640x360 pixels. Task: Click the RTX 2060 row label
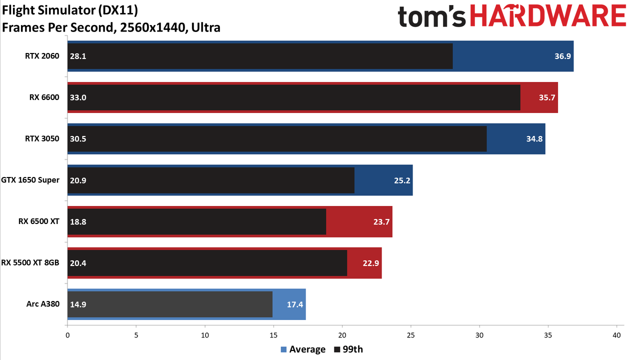(x=42, y=56)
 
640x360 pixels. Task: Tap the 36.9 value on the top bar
(x=562, y=56)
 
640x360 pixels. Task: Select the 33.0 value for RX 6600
(x=78, y=97)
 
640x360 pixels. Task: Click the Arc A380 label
(x=43, y=303)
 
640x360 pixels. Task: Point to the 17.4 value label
(x=295, y=304)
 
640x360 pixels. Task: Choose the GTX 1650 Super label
(x=30, y=180)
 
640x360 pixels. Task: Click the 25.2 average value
(x=402, y=180)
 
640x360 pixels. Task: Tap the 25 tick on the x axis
(x=410, y=335)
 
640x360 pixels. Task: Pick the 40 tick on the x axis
(x=616, y=335)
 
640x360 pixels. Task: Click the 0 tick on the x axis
(x=67, y=335)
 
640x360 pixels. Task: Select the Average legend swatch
(x=283, y=349)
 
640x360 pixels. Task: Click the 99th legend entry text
(x=352, y=349)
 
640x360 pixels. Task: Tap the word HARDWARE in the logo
(x=548, y=16)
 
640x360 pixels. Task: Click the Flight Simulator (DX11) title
(x=70, y=10)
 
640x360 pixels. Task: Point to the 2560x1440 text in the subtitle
(x=154, y=27)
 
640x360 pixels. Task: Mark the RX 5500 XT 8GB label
(x=30, y=262)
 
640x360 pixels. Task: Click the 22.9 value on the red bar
(x=371, y=263)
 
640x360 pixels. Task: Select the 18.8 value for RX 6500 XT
(x=78, y=221)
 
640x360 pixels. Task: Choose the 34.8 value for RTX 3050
(x=534, y=139)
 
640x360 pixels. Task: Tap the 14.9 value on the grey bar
(x=78, y=304)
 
